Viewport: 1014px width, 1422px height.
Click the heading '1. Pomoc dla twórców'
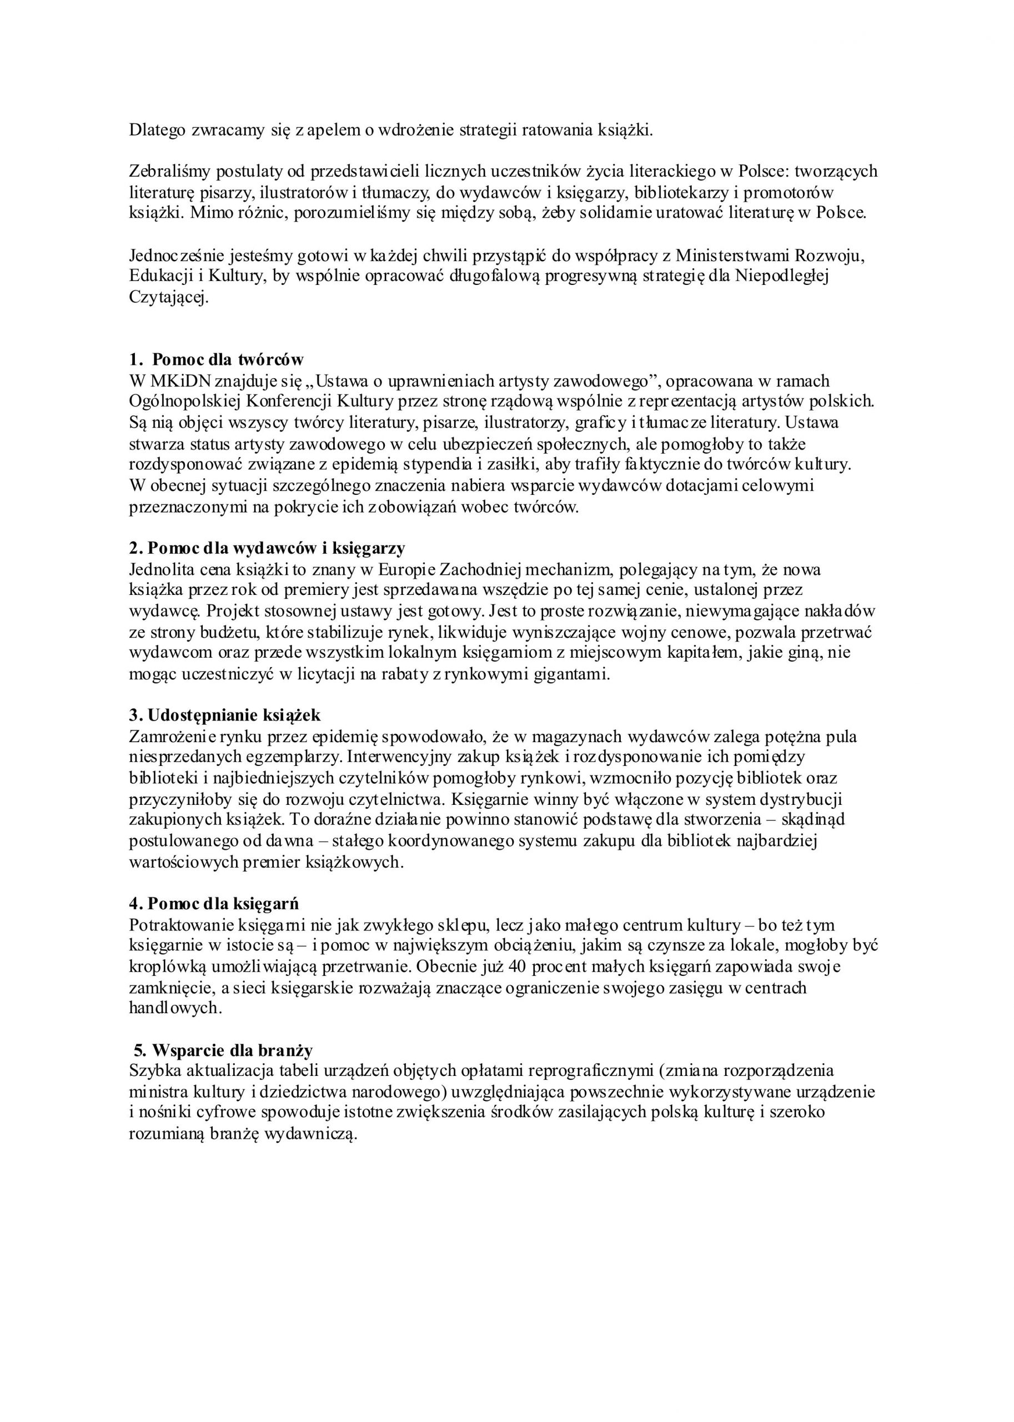pos(216,360)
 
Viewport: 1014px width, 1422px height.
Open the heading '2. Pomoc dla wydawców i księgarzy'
pos(267,548)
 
